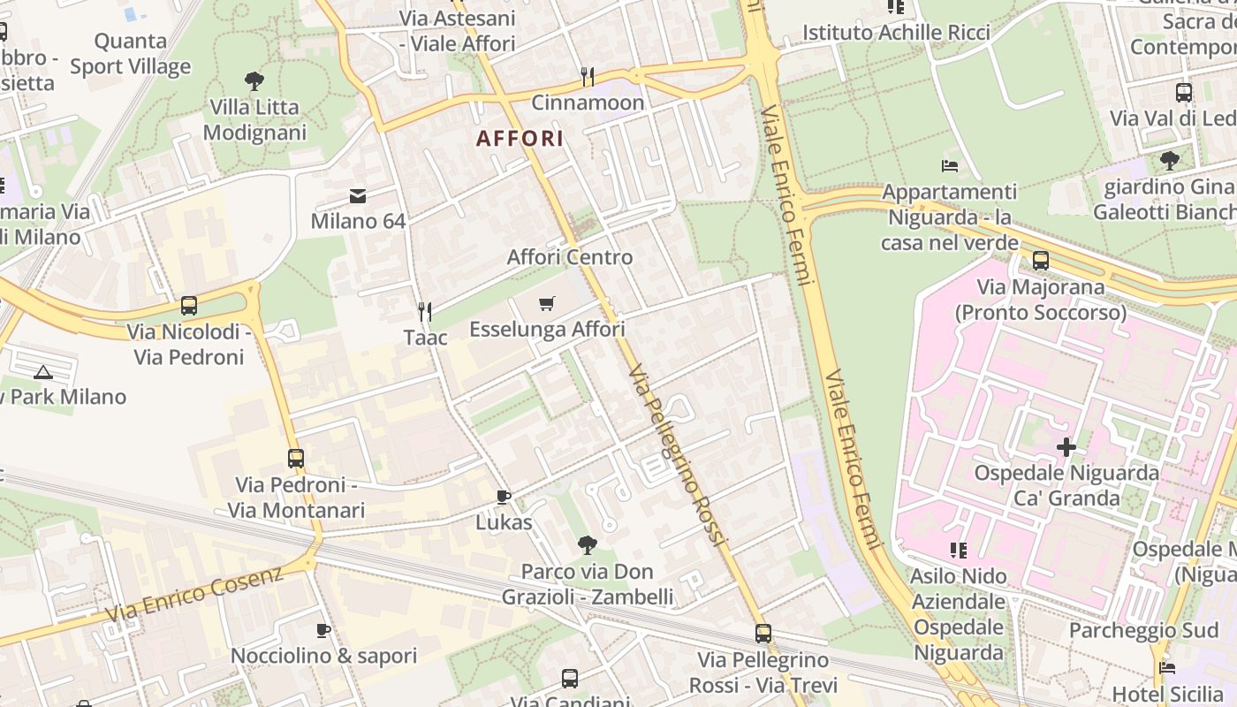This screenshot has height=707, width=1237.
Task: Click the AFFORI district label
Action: [x=520, y=139]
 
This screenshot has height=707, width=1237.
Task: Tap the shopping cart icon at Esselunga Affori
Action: [x=547, y=304]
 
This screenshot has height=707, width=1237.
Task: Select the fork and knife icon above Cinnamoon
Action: [x=588, y=77]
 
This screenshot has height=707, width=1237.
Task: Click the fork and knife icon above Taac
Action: [x=425, y=311]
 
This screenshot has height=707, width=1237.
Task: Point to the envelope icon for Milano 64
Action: [x=358, y=195]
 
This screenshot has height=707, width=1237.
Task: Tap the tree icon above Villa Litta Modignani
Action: [x=254, y=81]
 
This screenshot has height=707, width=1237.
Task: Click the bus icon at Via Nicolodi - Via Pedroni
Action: [x=189, y=306]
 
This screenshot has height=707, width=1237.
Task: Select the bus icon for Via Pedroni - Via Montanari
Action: [x=296, y=459]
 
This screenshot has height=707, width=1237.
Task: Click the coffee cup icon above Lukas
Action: [x=504, y=497]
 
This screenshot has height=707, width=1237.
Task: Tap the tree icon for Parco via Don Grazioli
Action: [x=587, y=545]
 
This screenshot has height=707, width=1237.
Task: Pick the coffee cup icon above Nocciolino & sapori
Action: [x=323, y=630]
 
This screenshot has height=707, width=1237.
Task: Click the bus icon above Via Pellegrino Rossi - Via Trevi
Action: [x=763, y=634]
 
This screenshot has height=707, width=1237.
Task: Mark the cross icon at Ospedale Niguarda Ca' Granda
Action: [x=1066, y=447]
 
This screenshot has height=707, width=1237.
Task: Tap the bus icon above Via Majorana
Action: [x=1041, y=261]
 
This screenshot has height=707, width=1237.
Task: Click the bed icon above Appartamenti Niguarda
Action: [x=949, y=165]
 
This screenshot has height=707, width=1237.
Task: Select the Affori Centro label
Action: [x=570, y=257]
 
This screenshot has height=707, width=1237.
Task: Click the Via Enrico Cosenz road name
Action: [x=194, y=593]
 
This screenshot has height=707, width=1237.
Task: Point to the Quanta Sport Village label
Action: [x=131, y=54]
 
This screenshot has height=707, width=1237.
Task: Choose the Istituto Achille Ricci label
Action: [x=896, y=33]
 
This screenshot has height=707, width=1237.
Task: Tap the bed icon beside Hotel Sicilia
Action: [x=1167, y=668]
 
